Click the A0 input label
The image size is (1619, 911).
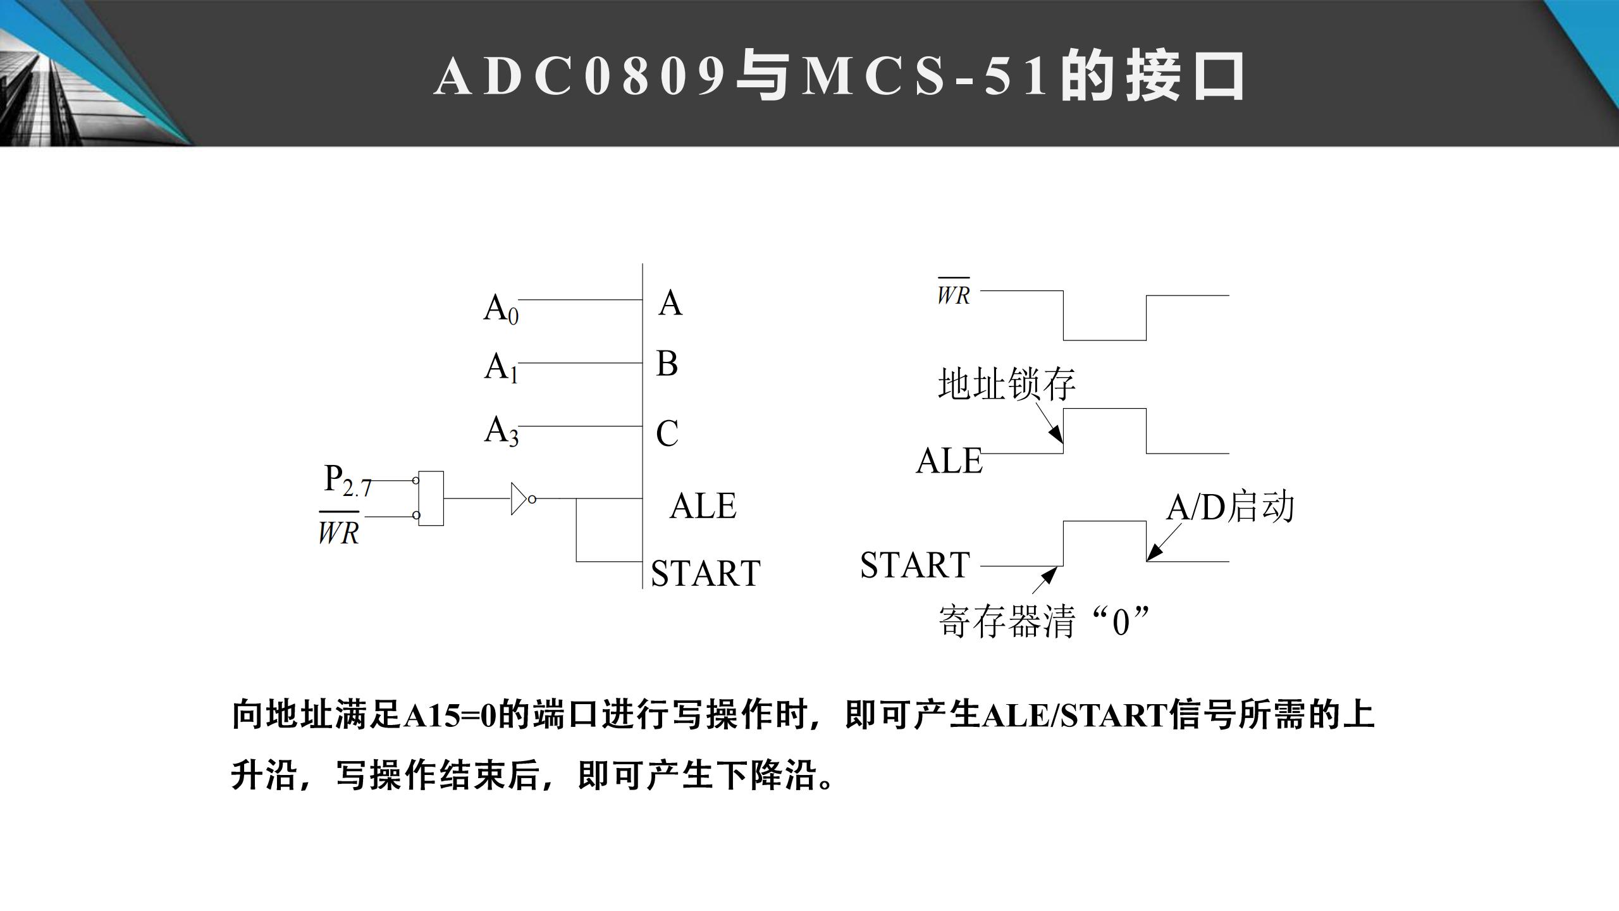(x=501, y=309)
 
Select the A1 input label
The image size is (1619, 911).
(x=501, y=368)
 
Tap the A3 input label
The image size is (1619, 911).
(x=501, y=431)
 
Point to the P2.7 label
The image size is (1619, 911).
(x=347, y=480)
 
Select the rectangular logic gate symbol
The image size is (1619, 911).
(x=431, y=499)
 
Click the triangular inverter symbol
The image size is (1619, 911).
(x=520, y=499)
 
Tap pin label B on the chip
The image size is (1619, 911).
(x=667, y=364)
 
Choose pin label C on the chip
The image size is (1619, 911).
(x=667, y=434)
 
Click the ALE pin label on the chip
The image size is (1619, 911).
(x=703, y=506)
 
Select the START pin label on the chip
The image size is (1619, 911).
(x=705, y=573)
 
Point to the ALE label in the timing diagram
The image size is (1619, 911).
(x=949, y=461)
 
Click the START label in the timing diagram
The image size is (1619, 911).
(x=914, y=565)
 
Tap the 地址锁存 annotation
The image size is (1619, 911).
(x=1006, y=384)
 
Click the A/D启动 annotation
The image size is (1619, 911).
(x=1230, y=507)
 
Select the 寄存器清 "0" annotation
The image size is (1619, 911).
(x=1043, y=621)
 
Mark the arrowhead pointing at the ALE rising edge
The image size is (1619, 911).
(x=1057, y=435)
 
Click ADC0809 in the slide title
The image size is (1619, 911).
(x=580, y=76)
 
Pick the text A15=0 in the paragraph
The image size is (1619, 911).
(x=450, y=716)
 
